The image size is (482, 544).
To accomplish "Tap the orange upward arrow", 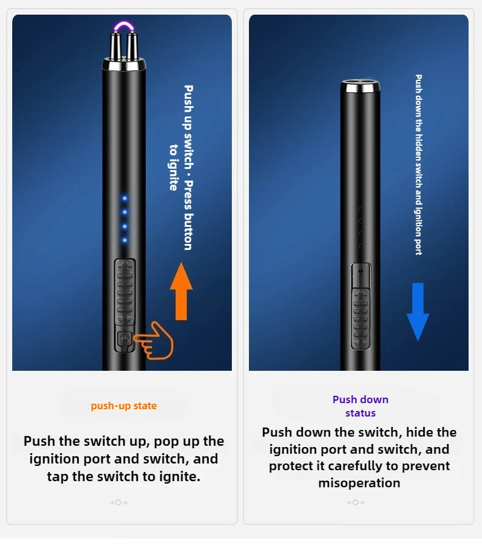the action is tap(181, 292).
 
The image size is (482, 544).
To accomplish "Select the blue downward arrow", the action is tap(418, 312).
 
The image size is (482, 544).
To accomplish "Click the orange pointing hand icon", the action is tap(154, 340).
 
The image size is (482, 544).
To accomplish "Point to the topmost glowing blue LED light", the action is tap(124, 198).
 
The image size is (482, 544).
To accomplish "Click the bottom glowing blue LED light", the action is tap(124, 240).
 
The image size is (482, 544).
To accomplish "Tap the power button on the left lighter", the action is tap(124, 340).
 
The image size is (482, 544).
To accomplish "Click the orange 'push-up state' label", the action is tap(123, 406).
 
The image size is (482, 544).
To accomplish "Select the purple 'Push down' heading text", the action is tap(360, 399).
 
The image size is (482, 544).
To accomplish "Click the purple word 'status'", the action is tap(360, 413).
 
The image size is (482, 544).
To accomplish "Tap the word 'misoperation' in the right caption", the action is tap(359, 482).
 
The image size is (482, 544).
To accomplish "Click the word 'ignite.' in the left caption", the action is tap(180, 477).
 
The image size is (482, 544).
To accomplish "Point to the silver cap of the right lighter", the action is tap(360, 86).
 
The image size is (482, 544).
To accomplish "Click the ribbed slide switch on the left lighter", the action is tap(125, 292).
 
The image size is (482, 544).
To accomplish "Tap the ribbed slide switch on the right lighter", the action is tap(361, 319).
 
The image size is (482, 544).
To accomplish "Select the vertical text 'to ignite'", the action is tap(173, 167).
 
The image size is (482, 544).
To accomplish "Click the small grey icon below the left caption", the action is tap(119, 503).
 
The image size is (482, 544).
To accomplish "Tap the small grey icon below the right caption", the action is tap(355, 503).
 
